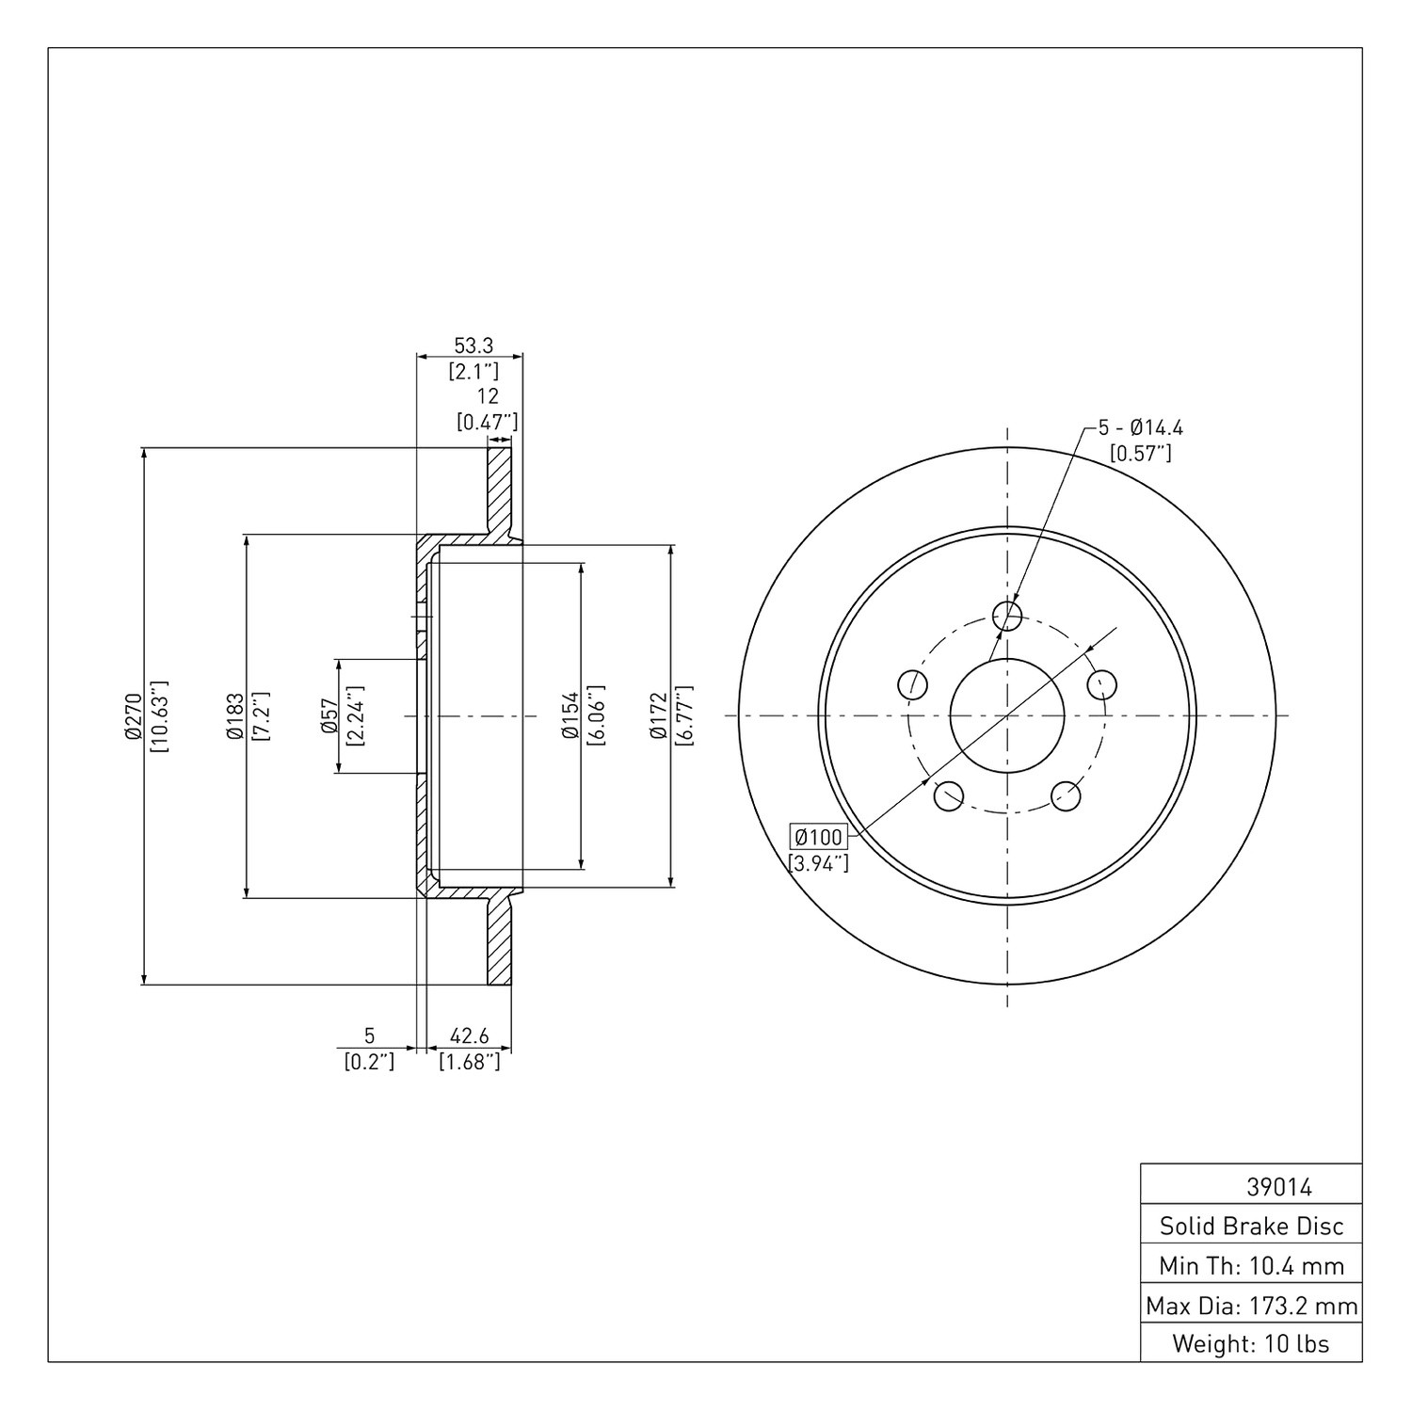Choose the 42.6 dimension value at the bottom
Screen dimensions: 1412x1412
(469, 1036)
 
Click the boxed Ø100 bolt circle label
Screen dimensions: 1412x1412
(817, 836)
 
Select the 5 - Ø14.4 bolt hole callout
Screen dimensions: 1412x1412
(1141, 427)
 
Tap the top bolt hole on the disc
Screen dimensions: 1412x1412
(1007, 616)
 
